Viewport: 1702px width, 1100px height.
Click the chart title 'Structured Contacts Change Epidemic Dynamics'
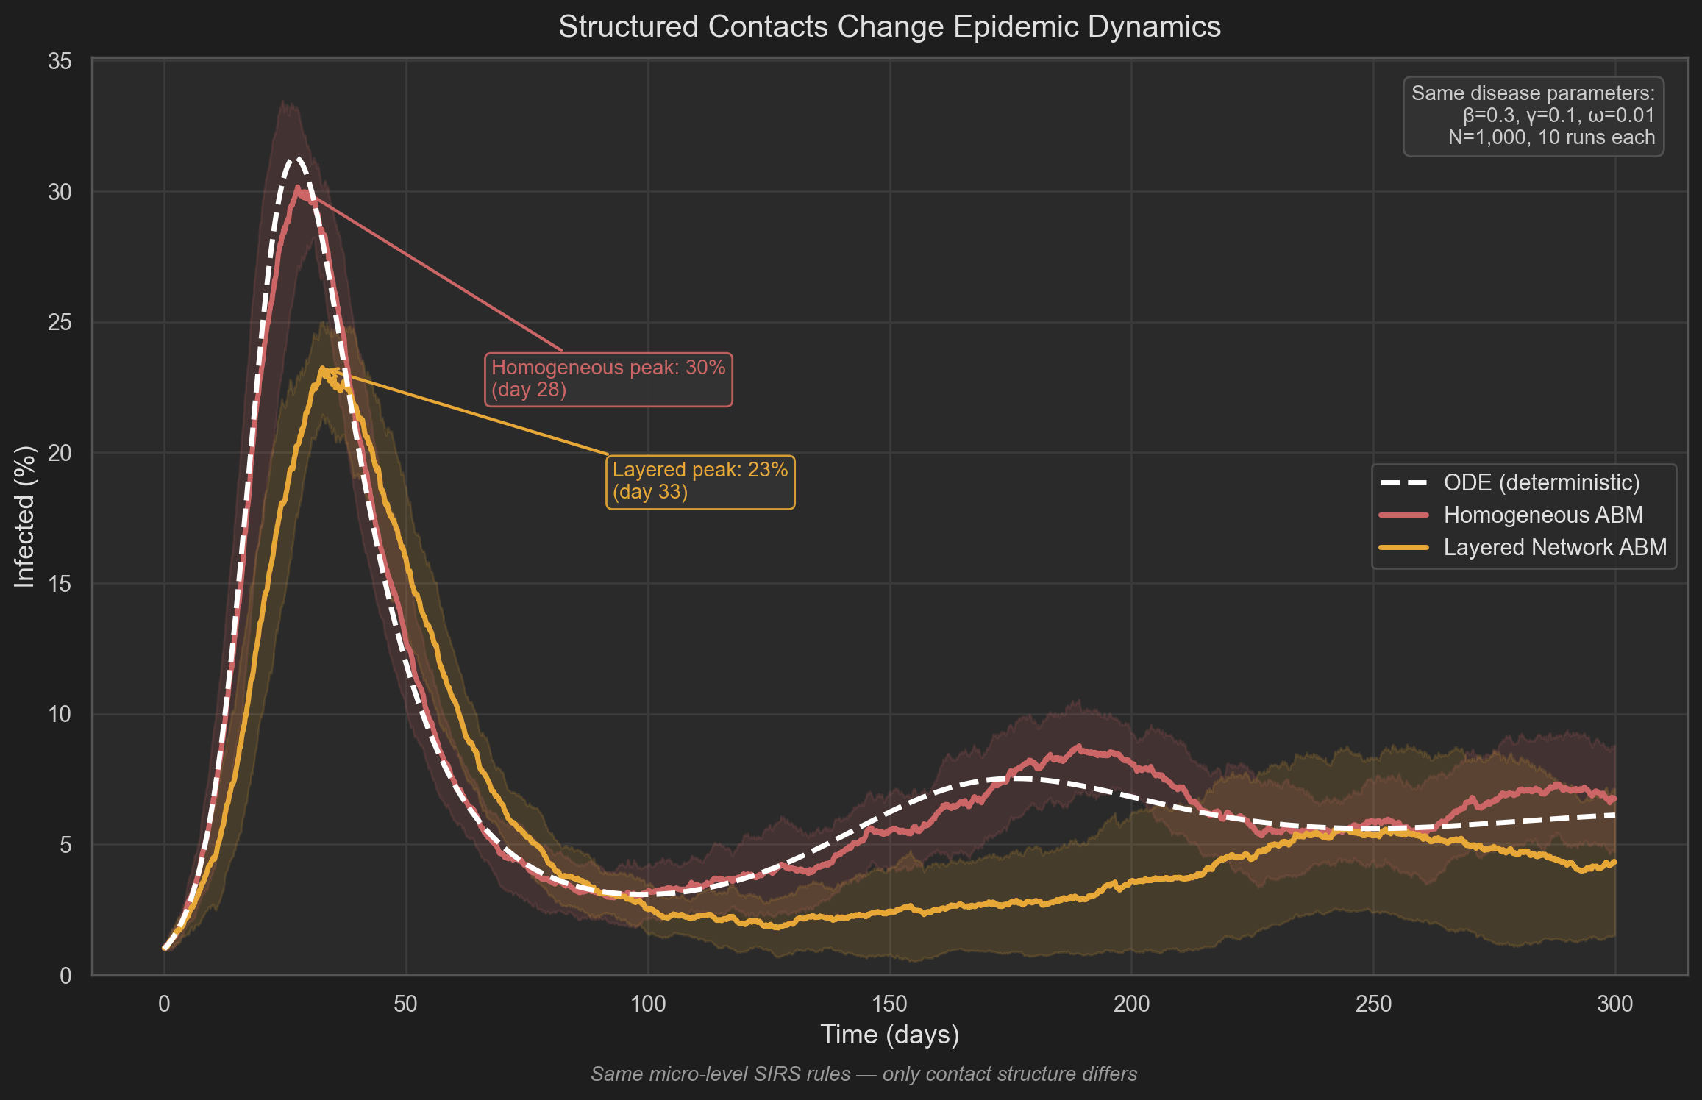pyautogui.click(x=889, y=27)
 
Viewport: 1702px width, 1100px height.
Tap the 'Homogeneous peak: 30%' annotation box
pyautogui.click(x=608, y=379)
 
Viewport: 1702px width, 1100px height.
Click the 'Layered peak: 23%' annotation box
pyautogui.click(x=699, y=481)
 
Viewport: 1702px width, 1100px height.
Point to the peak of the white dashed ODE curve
pyautogui.click(x=296, y=159)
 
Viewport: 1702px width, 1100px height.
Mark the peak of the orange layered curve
pyautogui.click(x=322, y=370)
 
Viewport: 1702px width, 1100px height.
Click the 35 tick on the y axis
pyautogui.click(x=60, y=61)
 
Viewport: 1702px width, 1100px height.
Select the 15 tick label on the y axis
pyautogui.click(x=60, y=584)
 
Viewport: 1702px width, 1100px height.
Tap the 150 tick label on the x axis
pyautogui.click(x=889, y=1004)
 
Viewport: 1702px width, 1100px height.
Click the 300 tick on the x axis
pyautogui.click(x=1614, y=1004)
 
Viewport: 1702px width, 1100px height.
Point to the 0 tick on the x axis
pyautogui.click(x=164, y=1004)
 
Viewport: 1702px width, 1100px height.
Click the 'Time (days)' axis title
pyautogui.click(x=889, y=1035)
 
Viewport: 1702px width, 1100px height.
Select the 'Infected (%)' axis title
pyautogui.click(x=25, y=517)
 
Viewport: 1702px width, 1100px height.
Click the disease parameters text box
pyautogui.click(x=1533, y=116)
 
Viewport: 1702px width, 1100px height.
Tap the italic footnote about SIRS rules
pyautogui.click(x=864, y=1074)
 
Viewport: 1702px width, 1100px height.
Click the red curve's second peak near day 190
pyautogui.click(x=1079, y=747)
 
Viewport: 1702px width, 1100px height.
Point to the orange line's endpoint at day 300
pyautogui.click(x=1614, y=862)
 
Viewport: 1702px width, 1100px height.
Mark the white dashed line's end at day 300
pyautogui.click(x=1614, y=815)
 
